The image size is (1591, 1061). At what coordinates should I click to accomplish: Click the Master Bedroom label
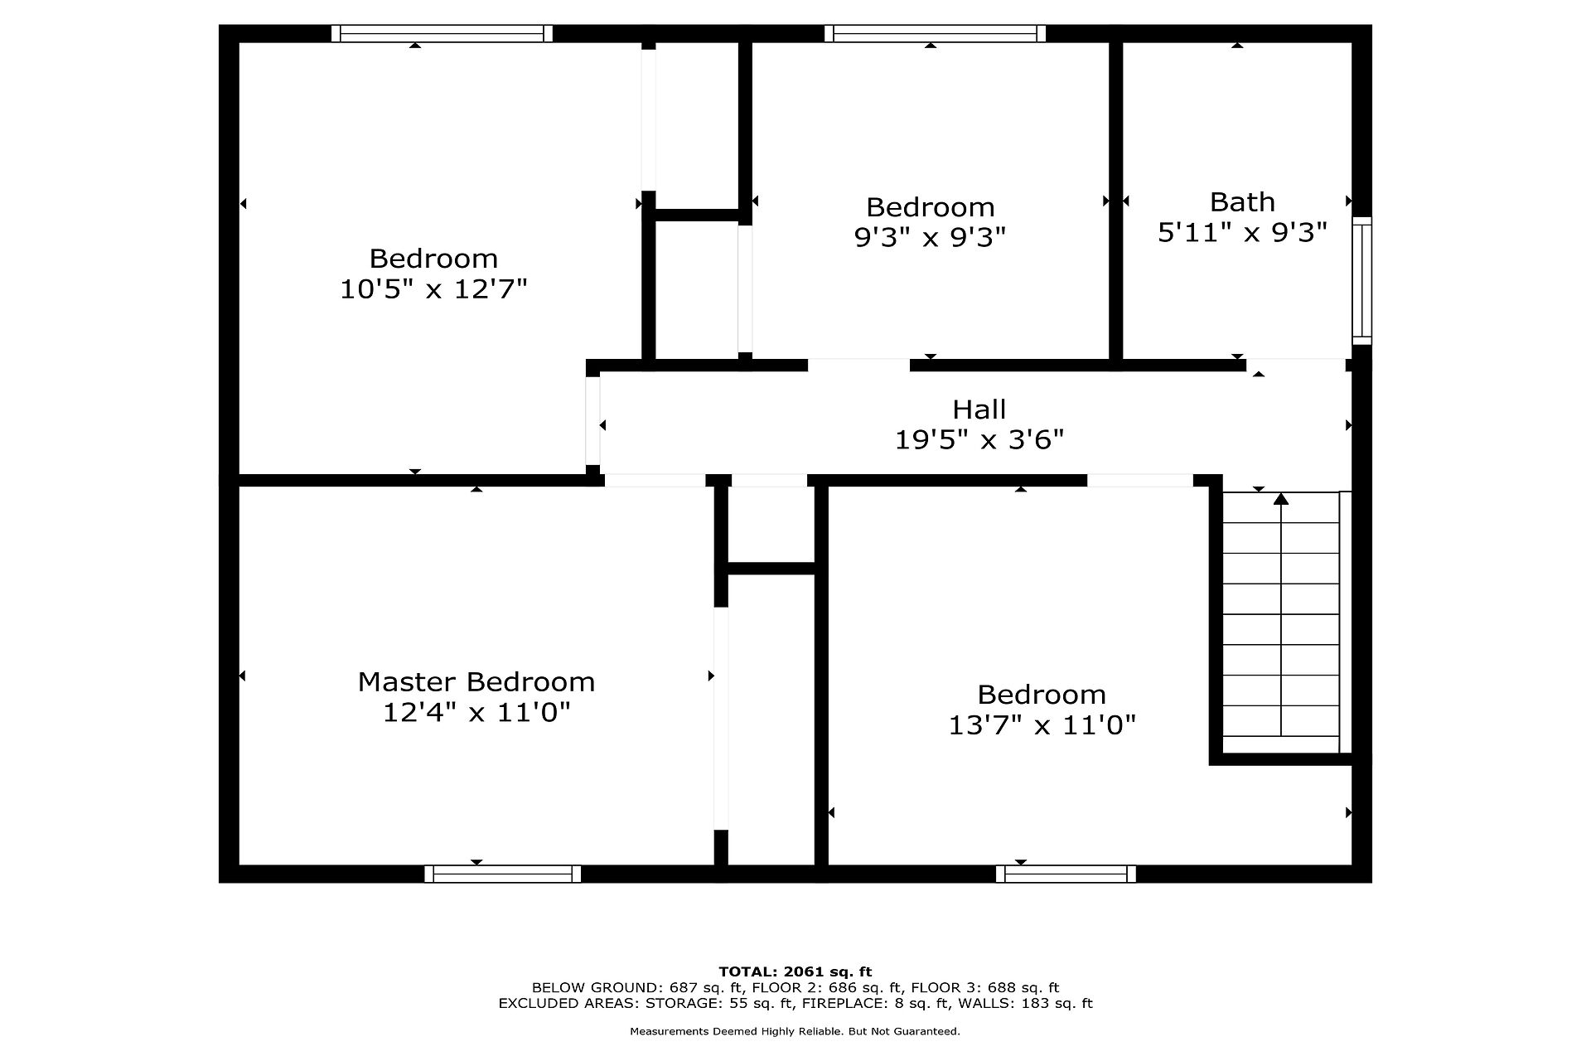click(476, 682)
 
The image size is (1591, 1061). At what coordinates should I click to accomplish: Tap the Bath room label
click(1242, 202)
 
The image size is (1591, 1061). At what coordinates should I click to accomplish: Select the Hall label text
click(979, 409)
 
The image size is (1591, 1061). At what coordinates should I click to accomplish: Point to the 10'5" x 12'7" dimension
click(433, 289)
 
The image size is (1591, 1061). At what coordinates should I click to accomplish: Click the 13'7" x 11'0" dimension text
click(1042, 725)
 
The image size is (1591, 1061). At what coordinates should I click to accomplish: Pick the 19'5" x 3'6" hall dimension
click(979, 439)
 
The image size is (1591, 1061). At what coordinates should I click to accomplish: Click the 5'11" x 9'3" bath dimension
click(1242, 232)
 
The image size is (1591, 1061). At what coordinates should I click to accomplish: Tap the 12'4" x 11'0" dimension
click(476, 712)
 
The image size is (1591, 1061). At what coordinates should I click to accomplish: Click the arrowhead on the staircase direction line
click(1281, 498)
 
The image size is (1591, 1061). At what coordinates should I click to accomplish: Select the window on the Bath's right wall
click(1361, 280)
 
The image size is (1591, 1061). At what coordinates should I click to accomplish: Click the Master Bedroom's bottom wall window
click(502, 874)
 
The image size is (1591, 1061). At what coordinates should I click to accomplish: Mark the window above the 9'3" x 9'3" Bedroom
click(935, 33)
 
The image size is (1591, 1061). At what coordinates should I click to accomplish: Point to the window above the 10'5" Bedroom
click(442, 33)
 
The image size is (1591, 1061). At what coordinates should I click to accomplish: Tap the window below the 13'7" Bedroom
click(1066, 874)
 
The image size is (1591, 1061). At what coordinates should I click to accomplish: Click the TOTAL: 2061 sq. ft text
click(795, 971)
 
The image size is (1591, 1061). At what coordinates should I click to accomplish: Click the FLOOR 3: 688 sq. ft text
click(985, 988)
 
